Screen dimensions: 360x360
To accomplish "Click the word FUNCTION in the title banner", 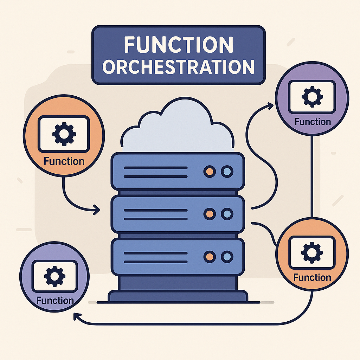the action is (179, 45).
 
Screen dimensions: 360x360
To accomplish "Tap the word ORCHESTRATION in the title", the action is (178, 67).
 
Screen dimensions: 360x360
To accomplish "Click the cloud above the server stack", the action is (178, 125).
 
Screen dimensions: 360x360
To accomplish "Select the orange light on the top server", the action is (210, 172).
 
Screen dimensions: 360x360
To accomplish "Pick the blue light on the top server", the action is (227, 172).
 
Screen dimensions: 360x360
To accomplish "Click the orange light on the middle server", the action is (210, 214).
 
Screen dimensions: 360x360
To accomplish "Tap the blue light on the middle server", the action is (227, 214).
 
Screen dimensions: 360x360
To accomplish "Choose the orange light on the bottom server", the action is (210, 257).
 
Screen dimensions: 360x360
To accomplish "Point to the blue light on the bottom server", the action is (227, 257).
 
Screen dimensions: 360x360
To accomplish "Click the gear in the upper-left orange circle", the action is (64, 134).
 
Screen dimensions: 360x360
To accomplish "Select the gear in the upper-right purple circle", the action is (312, 97).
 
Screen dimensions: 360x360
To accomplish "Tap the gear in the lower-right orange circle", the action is (312, 252).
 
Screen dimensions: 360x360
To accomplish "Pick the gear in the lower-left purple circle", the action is (54, 276).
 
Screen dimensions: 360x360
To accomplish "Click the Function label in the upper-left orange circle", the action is (64, 161).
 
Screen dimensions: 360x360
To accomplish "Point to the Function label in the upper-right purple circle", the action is (313, 122).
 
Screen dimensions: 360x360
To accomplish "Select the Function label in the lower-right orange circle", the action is (312, 278).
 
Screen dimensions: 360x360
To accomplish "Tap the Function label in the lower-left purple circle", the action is (55, 301).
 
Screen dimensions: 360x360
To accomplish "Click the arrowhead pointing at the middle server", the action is (97, 210).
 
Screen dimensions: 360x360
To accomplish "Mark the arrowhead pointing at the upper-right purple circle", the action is (270, 106).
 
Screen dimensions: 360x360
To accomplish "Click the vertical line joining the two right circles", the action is (312, 176).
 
